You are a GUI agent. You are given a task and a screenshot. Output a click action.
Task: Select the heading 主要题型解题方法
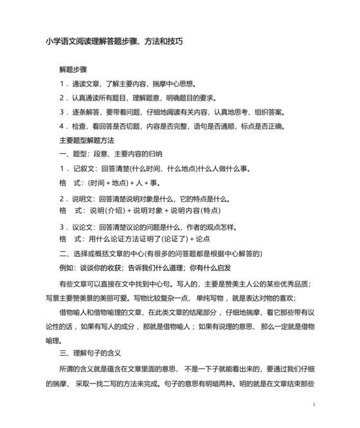(x=86, y=140)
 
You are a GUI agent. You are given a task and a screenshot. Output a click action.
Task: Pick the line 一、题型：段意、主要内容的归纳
(x=111, y=154)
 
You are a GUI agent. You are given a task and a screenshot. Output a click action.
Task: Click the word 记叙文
(x=84, y=169)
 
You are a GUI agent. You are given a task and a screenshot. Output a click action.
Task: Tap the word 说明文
(x=84, y=198)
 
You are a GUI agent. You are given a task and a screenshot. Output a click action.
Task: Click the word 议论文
(x=84, y=227)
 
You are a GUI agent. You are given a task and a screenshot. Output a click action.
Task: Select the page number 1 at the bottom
(x=313, y=404)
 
